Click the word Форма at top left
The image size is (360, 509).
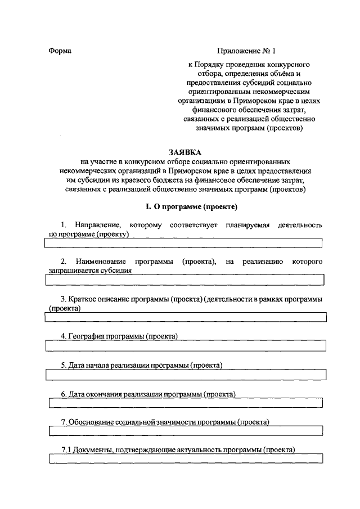[60, 50]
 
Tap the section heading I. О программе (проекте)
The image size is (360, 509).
[185, 206]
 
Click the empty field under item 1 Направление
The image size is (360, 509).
[183, 243]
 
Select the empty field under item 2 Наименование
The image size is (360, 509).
[183, 280]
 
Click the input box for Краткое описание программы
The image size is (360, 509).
[185, 317]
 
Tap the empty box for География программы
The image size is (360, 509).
[185, 346]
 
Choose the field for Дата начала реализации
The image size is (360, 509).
[185, 374]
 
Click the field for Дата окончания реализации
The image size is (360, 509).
[185, 403]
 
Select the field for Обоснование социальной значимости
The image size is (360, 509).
[185, 431]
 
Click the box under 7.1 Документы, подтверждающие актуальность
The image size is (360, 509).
[185, 459]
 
